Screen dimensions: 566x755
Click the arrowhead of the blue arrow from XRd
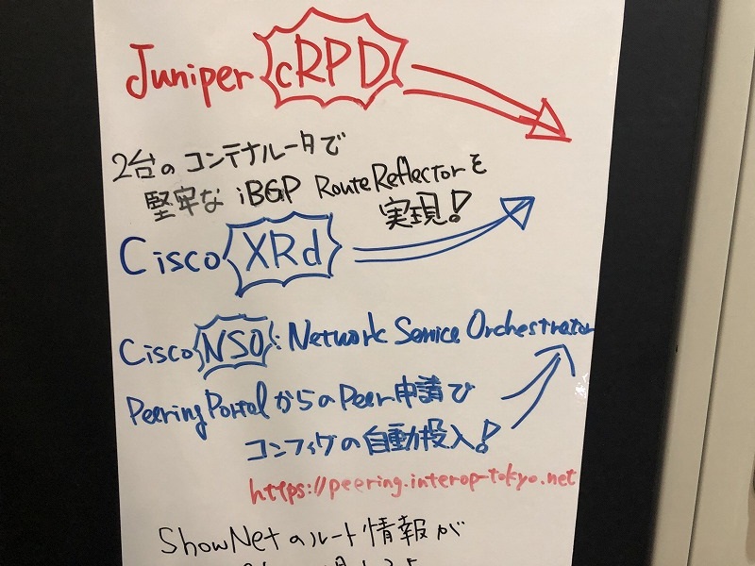pos(520,210)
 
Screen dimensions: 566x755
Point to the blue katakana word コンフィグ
pos(306,443)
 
